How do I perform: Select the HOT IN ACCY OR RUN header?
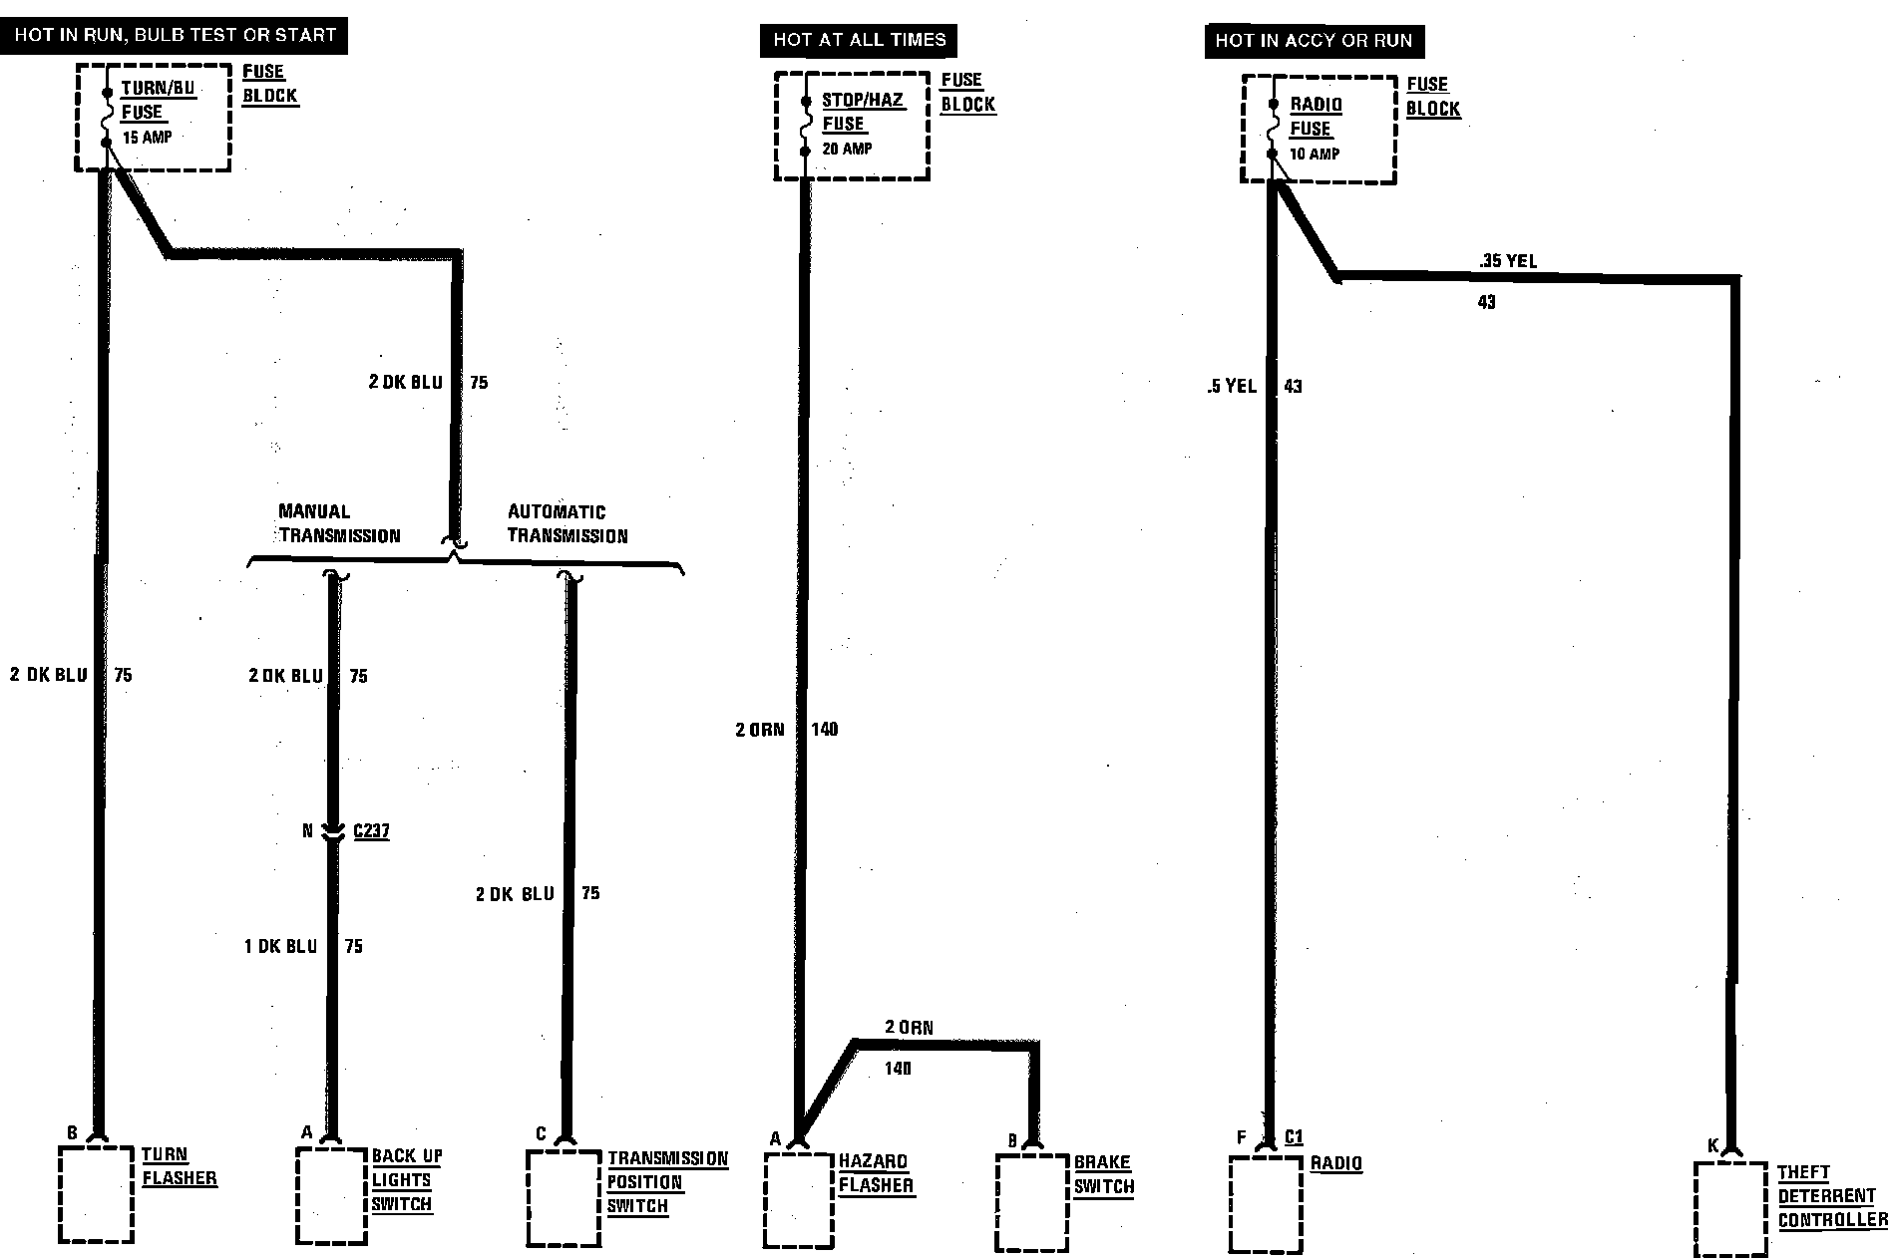tap(1314, 41)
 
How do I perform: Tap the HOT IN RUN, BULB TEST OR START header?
tap(175, 35)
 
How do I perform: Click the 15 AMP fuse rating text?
tap(148, 138)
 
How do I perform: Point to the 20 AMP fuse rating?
tap(847, 149)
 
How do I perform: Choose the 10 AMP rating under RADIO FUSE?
tap(1315, 154)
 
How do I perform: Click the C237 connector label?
tap(371, 830)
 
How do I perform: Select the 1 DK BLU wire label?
tap(281, 946)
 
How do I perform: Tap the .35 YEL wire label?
tap(1508, 262)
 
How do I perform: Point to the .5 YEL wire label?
tap(1232, 386)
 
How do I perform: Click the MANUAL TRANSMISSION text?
tap(339, 523)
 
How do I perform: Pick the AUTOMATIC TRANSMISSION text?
tap(567, 523)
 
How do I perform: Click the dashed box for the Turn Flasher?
tap(96, 1194)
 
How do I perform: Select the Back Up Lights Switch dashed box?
tap(332, 1195)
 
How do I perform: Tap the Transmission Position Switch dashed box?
tap(564, 1199)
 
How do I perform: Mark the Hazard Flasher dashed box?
tap(798, 1201)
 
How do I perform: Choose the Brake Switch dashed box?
tap(1032, 1202)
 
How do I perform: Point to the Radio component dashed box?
tap(1265, 1204)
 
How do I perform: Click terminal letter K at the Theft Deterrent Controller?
tap(1712, 1146)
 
